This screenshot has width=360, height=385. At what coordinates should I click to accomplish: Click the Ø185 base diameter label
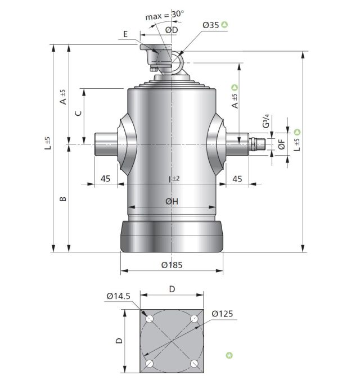click(x=172, y=265)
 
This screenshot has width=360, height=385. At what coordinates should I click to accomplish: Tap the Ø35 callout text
click(x=210, y=25)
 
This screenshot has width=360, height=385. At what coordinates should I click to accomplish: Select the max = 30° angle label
click(x=164, y=15)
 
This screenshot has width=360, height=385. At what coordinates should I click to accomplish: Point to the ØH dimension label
click(x=172, y=201)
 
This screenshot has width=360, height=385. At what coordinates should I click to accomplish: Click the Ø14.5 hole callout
click(x=119, y=296)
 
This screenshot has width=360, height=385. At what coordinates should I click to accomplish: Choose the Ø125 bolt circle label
click(x=222, y=314)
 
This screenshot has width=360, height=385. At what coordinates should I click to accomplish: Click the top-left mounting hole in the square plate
click(x=150, y=319)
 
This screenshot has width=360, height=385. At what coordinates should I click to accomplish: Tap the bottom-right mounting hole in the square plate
click(x=194, y=364)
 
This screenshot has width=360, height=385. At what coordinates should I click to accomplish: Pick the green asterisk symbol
click(x=229, y=355)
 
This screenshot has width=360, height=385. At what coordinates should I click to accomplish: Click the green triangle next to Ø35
click(x=224, y=25)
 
